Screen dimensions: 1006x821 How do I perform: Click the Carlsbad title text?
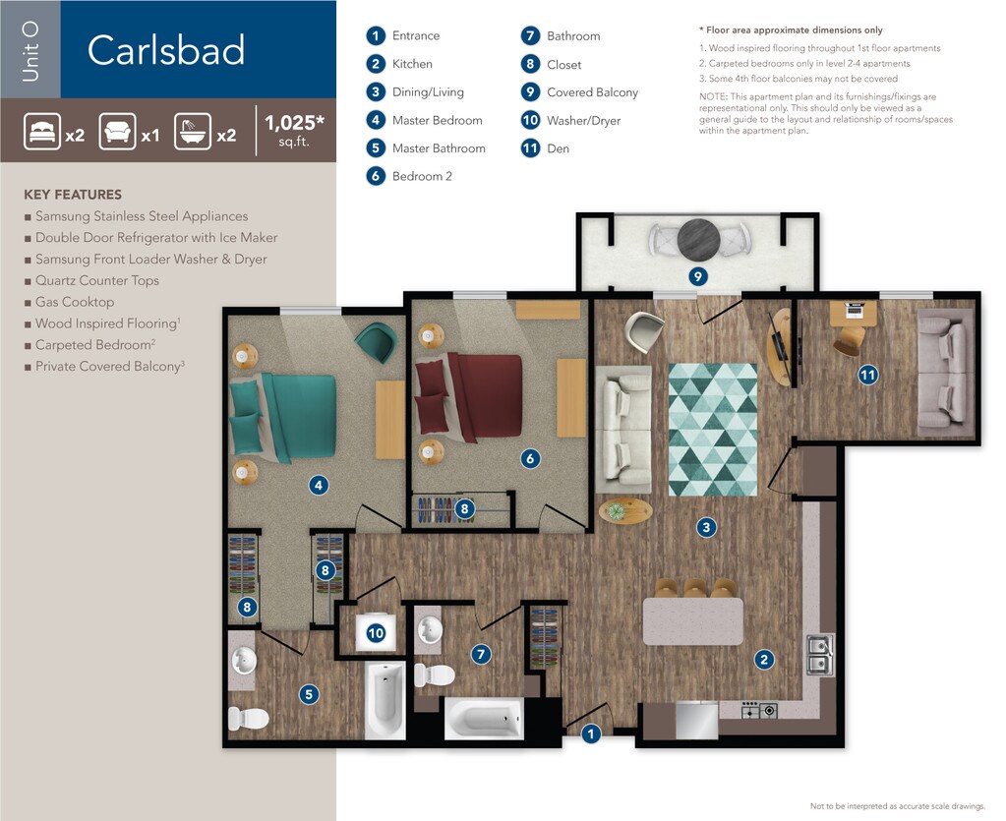(x=166, y=50)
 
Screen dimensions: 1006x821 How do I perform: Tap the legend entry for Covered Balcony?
(x=580, y=92)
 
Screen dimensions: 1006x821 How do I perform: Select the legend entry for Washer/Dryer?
(x=571, y=121)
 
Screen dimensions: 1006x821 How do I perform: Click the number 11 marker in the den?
(x=867, y=375)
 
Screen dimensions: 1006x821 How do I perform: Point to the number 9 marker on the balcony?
(x=698, y=276)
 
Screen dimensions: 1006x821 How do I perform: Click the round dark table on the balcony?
(x=698, y=240)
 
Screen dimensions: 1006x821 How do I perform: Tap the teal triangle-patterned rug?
(x=713, y=430)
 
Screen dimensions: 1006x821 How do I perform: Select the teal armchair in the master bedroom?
(x=377, y=341)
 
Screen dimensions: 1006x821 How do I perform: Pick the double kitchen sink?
(x=820, y=655)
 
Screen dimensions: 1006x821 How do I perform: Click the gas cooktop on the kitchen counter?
(x=759, y=710)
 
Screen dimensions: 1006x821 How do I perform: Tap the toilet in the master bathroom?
(x=248, y=719)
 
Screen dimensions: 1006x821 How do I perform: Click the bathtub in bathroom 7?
(x=484, y=718)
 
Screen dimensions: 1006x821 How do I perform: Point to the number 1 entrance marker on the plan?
(x=591, y=733)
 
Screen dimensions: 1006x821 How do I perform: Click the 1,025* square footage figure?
(x=294, y=123)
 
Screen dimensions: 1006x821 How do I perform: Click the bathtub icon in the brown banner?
(x=193, y=132)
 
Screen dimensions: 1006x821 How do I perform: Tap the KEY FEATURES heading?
(x=73, y=195)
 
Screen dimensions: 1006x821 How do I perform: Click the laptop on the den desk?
(x=854, y=310)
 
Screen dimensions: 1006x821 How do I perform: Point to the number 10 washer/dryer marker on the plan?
(x=376, y=634)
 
